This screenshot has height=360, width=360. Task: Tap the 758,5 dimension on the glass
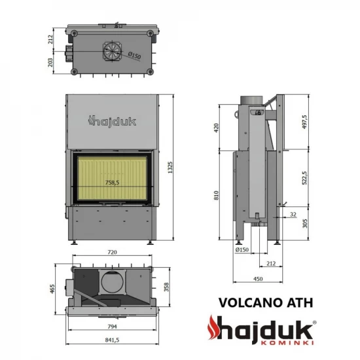[112, 183]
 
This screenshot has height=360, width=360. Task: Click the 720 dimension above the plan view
[111, 251]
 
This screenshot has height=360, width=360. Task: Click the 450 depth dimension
[259, 280]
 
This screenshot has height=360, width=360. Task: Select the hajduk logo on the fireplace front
[111, 120]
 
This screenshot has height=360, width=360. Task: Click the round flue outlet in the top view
[111, 50]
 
